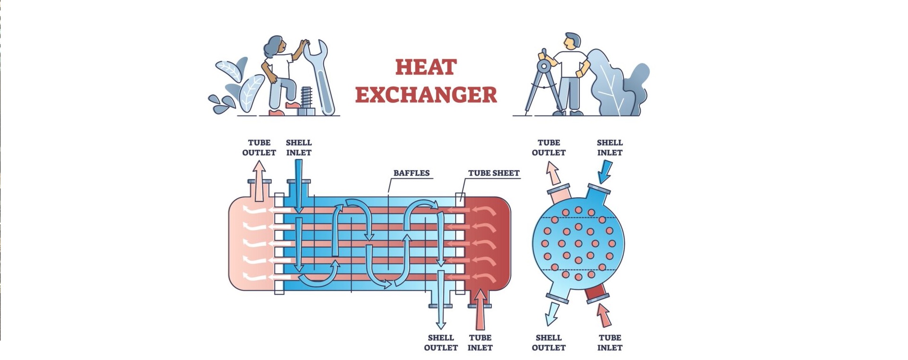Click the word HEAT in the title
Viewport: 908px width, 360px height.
point(426,67)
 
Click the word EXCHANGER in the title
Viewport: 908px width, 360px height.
point(426,95)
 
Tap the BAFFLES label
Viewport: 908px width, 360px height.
point(411,173)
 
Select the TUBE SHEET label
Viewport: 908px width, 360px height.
point(494,173)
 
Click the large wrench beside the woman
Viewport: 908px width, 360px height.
point(319,78)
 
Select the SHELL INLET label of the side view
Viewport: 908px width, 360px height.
point(298,148)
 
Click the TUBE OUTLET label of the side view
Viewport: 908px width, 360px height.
point(259,148)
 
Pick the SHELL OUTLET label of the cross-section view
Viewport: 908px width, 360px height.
point(549,342)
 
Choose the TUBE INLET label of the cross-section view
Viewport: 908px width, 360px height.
point(610,342)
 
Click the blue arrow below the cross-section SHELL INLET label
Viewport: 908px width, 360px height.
point(605,171)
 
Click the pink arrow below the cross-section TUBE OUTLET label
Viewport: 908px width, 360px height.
point(553,173)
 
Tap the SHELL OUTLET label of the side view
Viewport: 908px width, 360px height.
point(441,342)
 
